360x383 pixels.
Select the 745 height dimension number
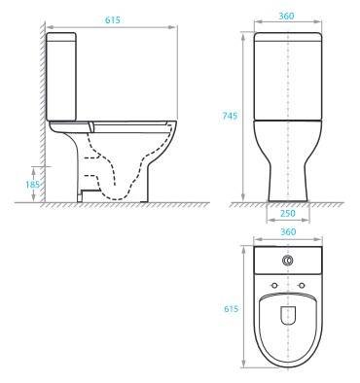230,115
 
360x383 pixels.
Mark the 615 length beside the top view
230,308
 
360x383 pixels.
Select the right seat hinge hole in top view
301,283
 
